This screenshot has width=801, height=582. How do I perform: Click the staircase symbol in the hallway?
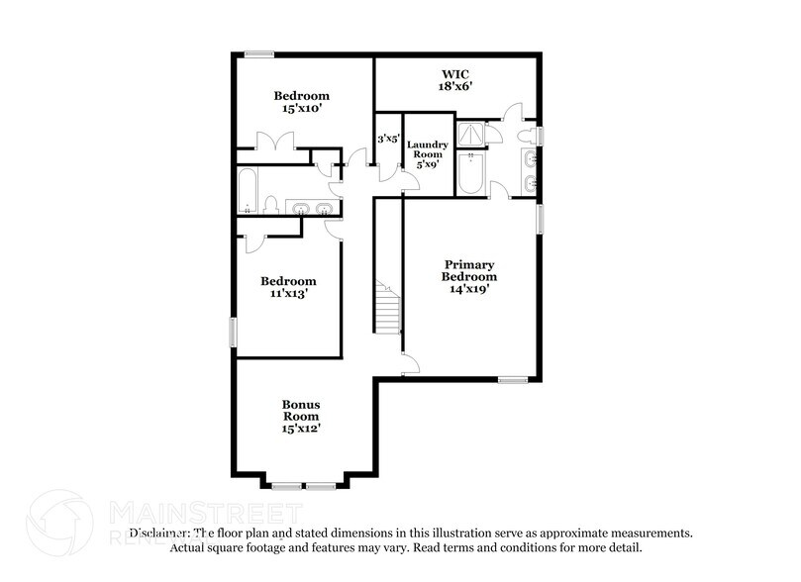[x=388, y=307]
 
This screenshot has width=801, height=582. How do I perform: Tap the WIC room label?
[x=454, y=74]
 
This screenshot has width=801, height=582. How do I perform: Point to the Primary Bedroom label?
[x=469, y=270]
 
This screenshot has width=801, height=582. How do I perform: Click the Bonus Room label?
[x=301, y=411]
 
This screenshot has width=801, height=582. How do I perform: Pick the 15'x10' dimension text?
[x=301, y=110]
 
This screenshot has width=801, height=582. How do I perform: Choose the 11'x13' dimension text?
[x=288, y=295]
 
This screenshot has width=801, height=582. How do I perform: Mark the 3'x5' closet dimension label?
[x=387, y=140]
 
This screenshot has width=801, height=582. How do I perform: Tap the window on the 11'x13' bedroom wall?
[x=234, y=332]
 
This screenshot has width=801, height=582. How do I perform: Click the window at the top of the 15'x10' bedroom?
[x=260, y=53]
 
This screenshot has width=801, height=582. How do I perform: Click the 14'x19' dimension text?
[x=469, y=290]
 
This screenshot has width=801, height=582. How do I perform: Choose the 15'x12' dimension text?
[x=301, y=429]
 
